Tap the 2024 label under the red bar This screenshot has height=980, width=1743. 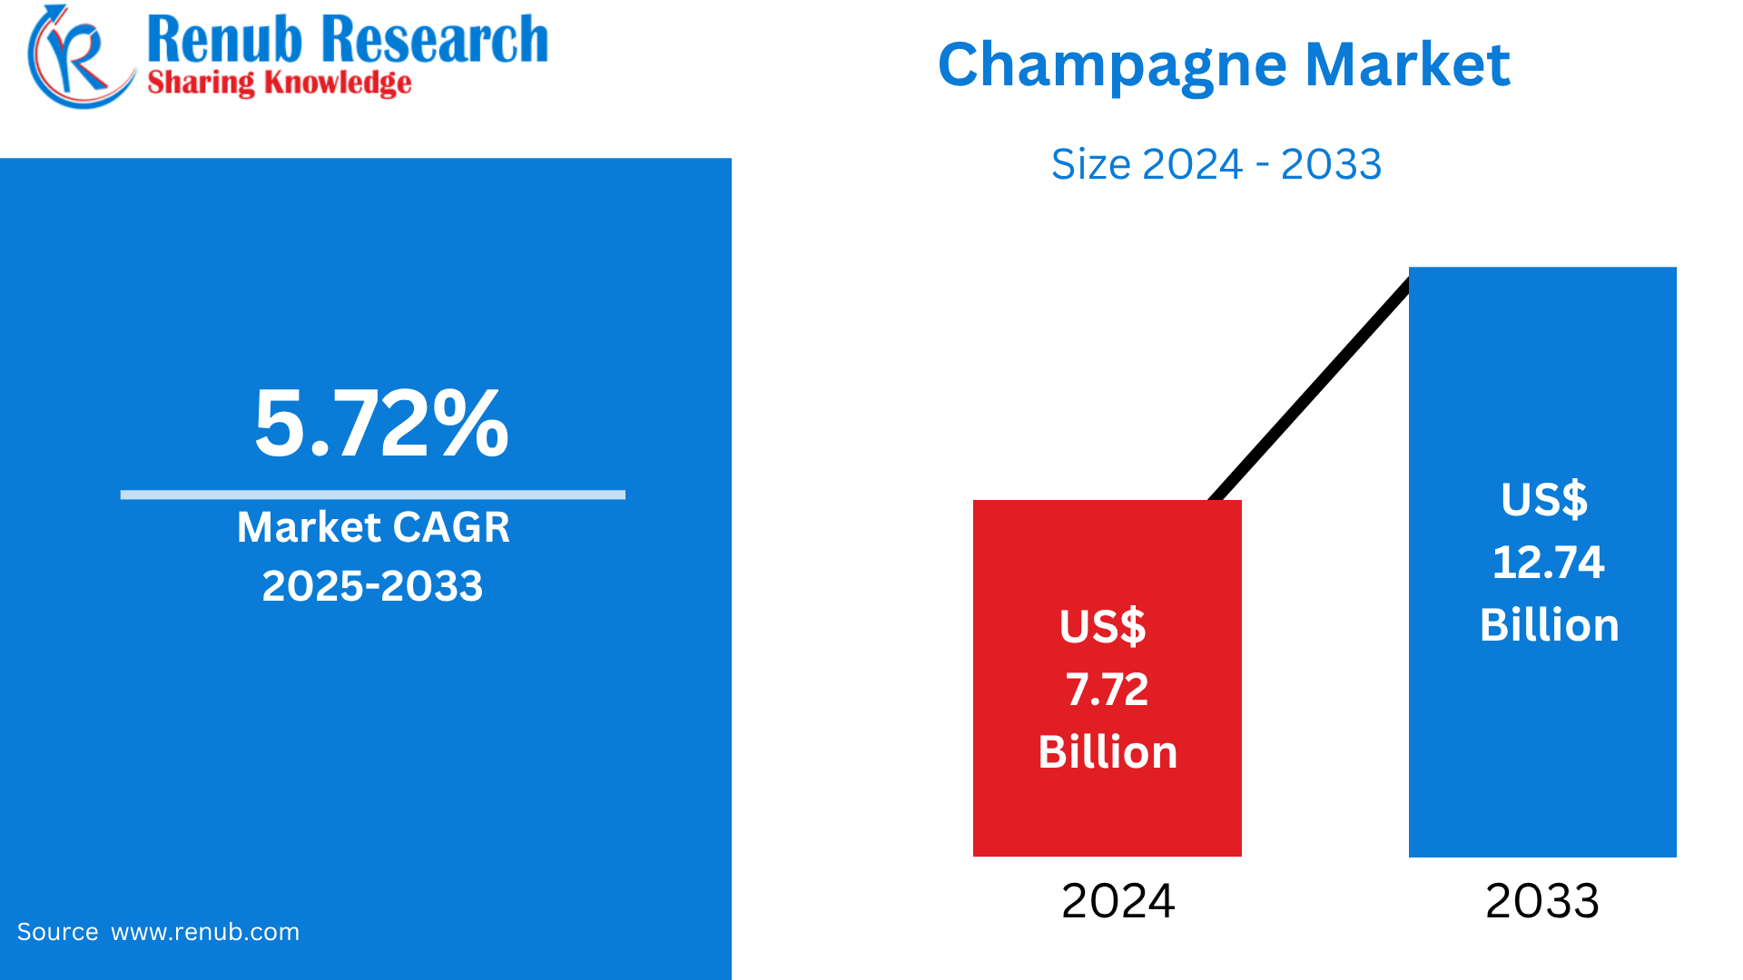click(1118, 901)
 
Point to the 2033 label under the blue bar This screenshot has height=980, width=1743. click(1541, 901)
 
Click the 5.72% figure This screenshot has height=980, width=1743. click(381, 423)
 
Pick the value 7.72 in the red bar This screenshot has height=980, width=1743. click(1107, 690)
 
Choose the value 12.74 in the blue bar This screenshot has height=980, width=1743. click(1548, 563)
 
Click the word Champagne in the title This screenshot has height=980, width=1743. click(1112, 65)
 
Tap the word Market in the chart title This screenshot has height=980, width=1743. click(1407, 65)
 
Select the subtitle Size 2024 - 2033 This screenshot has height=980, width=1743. click(1216, 164)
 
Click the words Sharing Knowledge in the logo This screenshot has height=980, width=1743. click(279, 83)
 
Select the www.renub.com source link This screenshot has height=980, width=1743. click(205, 932)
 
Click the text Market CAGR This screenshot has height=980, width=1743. click(373, 527)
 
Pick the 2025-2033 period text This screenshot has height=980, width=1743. click(372, 586)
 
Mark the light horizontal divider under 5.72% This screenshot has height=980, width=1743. click(372, 495)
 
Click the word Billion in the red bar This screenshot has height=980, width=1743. click(1108, 752)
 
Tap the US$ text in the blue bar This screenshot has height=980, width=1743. click(1543, 499)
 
